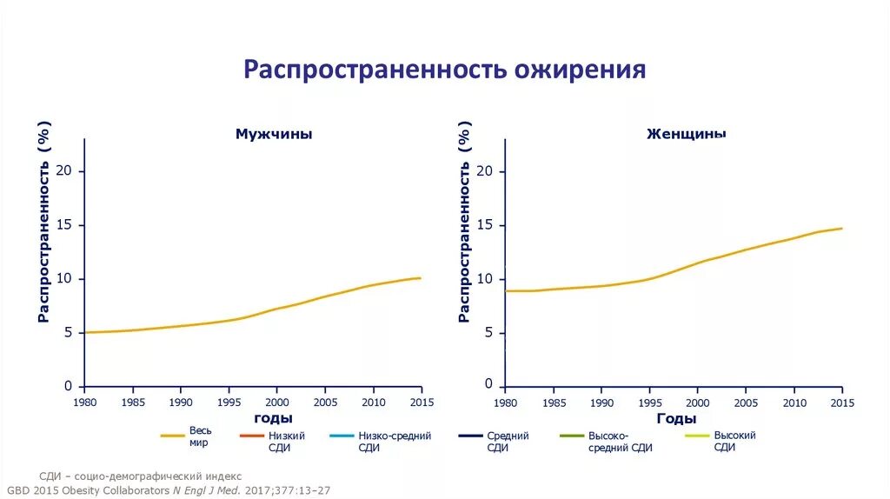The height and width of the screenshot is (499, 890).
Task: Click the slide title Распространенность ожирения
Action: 444,70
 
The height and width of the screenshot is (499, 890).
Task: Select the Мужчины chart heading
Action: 274,135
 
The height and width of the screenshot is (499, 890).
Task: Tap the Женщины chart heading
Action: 687,135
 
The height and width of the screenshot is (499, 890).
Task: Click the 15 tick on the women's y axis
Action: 484,225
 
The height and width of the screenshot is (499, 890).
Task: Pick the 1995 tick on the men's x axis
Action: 229,403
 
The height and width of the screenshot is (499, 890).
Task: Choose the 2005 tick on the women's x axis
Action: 746,403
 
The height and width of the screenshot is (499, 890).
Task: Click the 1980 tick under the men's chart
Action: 84,403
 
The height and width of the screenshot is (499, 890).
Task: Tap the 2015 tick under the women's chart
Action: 842,403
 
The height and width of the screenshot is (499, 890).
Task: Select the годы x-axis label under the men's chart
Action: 273,419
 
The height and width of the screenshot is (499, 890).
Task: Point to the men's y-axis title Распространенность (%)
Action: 43,223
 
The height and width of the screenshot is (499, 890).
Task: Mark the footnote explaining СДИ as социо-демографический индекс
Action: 141,476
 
